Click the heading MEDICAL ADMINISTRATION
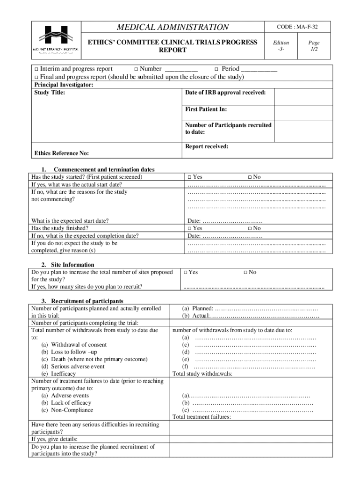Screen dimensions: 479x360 click(173, 27)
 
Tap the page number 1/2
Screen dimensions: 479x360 click(314, 46)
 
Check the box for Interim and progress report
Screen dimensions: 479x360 click(36, 69)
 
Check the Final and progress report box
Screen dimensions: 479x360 click(36, 77)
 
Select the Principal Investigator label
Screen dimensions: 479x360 click(64, 85)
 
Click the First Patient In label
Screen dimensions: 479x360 click(206, 109)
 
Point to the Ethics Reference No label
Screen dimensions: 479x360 click(62, 153)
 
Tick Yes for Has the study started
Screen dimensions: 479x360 click(189, 177)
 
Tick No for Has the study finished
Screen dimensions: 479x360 click(250, 228)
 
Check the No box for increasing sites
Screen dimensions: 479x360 click(246, 272)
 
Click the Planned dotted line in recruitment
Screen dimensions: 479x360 click(266, 309)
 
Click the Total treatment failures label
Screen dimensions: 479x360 click(202, 417)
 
